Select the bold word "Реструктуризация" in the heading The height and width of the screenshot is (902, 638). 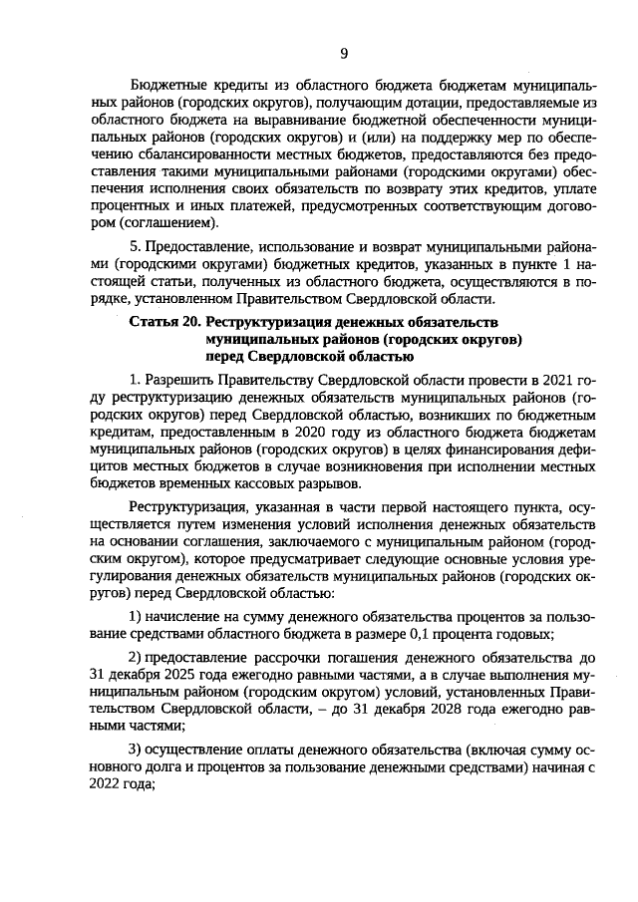pos(268,323)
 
